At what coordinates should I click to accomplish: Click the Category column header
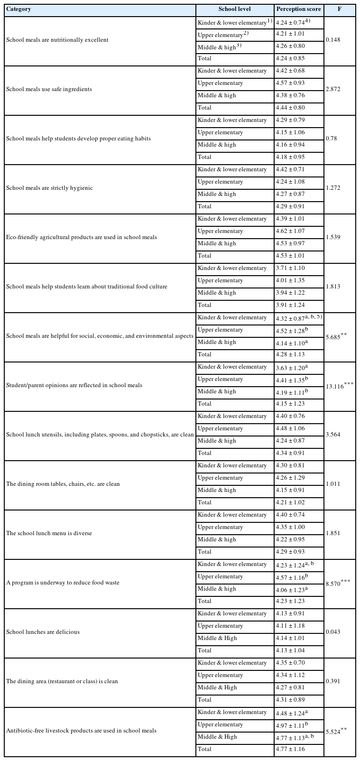coord(18,9)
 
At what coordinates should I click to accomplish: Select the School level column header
coord(234,9)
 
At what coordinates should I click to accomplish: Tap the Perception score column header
coord(298,9)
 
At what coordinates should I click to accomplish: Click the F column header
coord(339,9)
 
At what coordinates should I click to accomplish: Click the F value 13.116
coord(337,385)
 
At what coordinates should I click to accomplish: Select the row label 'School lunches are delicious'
coord(43,632)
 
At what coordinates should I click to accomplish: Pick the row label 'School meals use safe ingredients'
coord(49,89)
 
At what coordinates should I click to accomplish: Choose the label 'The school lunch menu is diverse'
coord(49,533)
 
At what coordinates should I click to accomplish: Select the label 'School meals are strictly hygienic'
coord(49,188)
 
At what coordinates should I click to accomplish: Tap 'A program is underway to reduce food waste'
coord(63,583)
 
